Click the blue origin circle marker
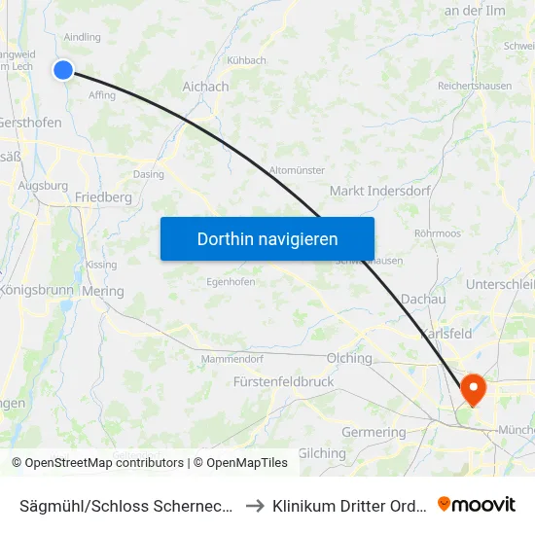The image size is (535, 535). click(63, 69)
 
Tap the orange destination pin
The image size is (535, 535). click(474, 390)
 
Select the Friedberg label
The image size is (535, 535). click(103, 196)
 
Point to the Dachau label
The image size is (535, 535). click(423, 301)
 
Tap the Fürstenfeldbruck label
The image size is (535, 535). click(283, 382)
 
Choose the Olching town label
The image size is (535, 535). click(349, 358)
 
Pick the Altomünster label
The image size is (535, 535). click(297, 169)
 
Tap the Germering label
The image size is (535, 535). click(374, 432)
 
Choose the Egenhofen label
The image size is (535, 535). click(231, 282)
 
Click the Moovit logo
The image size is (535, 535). click(477, 505)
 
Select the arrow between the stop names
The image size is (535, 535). click(254, 506)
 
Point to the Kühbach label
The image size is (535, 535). click(246, 60)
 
